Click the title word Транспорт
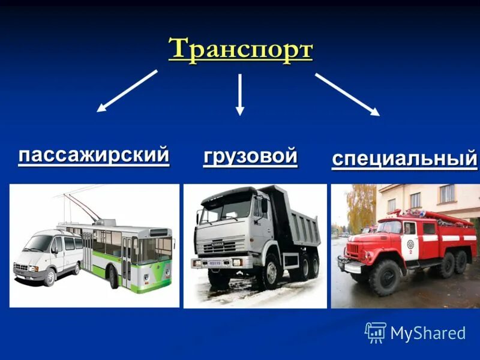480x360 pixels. (240, 49)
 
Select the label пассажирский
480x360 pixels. (94, 155)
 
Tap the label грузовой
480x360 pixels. (250, 156)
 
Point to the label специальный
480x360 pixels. (404, 160)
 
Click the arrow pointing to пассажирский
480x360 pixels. (127, 91)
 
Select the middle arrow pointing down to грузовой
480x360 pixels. (240, 94)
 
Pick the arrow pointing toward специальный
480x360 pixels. (347, 94)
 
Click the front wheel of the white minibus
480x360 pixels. (50, 277)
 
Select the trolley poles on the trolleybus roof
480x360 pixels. (81, 207)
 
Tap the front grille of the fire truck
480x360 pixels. (355, 247)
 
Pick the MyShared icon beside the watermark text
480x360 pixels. (375, 332)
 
